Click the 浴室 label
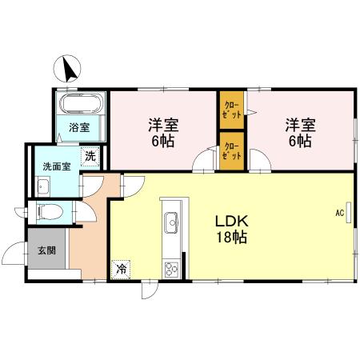click(78, 127)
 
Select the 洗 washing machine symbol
click(90, 155)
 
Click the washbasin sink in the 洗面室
click(44, 187)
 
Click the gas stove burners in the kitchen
click(172, 268)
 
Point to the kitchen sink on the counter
click(170, 222)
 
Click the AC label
click(339, 213)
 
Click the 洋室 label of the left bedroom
click(162, 126)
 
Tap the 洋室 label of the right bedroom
click(300, 125)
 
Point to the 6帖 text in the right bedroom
click(300, 142)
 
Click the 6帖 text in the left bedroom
click(162, 142)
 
